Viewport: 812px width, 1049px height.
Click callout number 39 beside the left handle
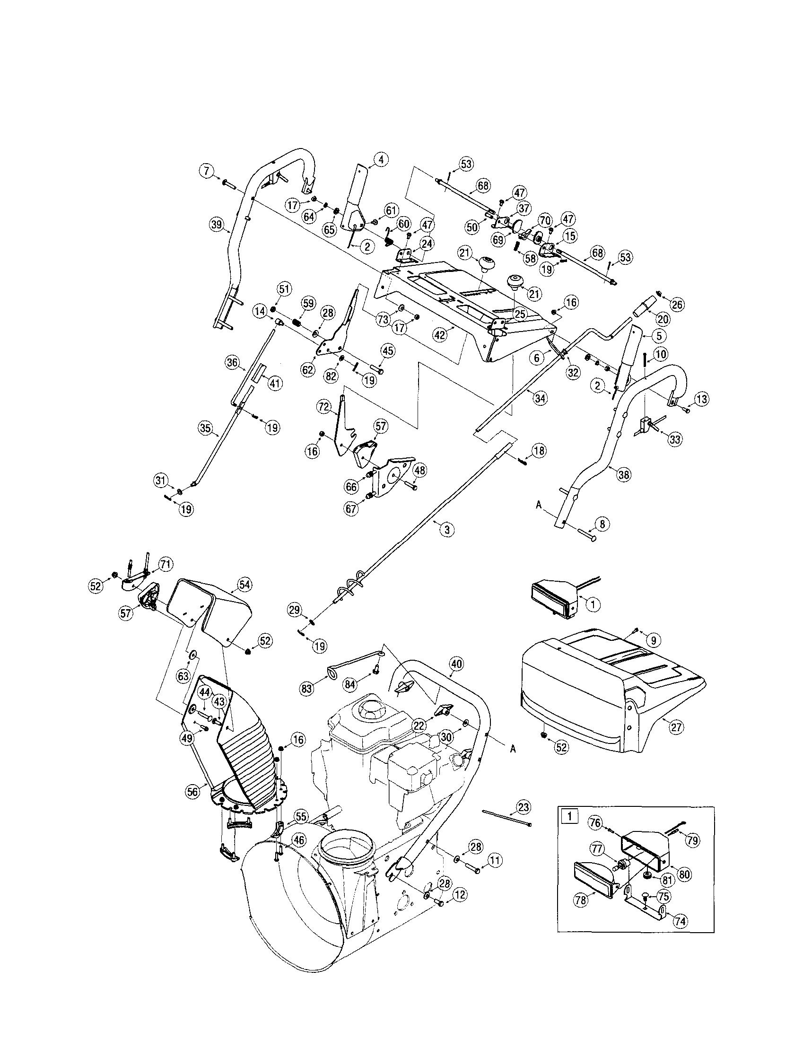(x=217, y=224)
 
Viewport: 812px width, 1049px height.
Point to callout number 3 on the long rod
(x=446, y=529)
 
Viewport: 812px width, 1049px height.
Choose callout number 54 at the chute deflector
(x=244, y=585)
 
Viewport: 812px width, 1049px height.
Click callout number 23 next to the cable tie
(x=523, y=807)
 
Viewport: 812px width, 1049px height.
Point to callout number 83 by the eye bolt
(x=306, y=689)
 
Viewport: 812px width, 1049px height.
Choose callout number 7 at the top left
(x=207, y=171)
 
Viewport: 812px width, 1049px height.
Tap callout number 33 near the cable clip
(x=675, y=439)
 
